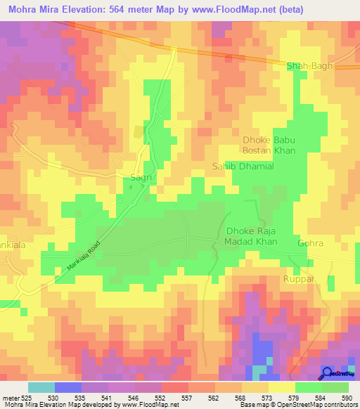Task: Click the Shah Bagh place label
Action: click(x=309, y=66)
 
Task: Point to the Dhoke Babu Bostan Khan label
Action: click(x=269, y=145)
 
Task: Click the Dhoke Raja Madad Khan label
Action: click(x=251, y=236)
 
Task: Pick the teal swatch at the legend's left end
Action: click(x=41, y=387)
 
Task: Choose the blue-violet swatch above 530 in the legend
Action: click(x=68, y=387)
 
